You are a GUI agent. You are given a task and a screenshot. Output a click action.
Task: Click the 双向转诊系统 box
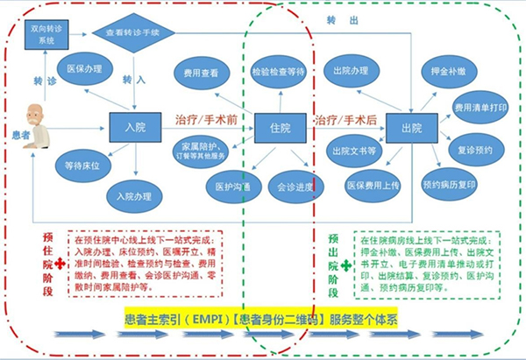coord(47,34)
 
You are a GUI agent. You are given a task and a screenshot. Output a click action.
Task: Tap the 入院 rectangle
coord(135,127)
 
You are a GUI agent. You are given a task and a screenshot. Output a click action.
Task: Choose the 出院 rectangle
coord(410,126)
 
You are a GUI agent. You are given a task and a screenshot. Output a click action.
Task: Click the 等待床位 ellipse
coord(81,163)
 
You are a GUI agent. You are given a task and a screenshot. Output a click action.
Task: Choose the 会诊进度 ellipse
coord(294,187)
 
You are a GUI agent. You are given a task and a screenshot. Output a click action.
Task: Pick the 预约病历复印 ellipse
coord(450,186)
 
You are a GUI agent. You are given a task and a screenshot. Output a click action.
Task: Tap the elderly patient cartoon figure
coord(33,124)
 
